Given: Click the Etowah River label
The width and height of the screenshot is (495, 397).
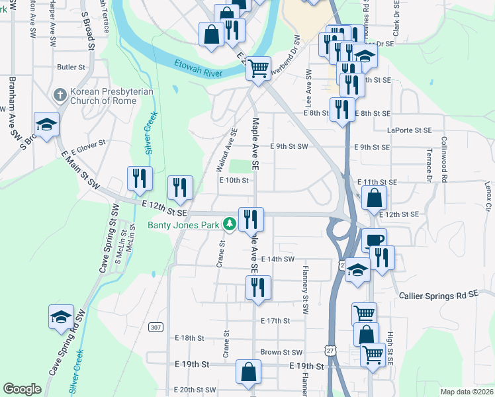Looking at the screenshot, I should [198, 69].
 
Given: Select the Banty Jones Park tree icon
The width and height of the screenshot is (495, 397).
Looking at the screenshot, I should [230, 225].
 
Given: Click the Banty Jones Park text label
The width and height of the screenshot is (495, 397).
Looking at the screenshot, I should [183, 225].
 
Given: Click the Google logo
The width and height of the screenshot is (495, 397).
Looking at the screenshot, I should [22, 389].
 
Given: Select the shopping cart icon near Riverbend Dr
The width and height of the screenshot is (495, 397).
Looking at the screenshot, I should [258, 67].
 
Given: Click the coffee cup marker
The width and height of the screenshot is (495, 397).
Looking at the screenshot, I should [374, 240].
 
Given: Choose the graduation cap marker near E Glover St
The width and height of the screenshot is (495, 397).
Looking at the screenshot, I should [46, 124].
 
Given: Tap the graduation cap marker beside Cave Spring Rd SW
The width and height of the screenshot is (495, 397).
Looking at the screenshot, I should [61, 316].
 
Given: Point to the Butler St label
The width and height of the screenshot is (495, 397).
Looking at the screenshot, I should [71, 67].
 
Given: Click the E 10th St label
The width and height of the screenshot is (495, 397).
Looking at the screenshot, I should [233, 180].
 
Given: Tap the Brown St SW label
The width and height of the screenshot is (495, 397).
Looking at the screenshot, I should [281, 353].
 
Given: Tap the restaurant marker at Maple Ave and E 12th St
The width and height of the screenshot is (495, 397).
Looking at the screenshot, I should [251, 218].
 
